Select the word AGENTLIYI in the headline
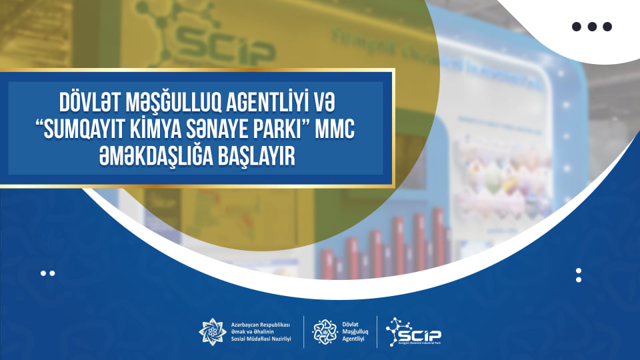(258, 105)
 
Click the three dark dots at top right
(591, 27)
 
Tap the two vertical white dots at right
(579, 275)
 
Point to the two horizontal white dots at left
(47, 273)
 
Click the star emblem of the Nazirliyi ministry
(213, 331)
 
